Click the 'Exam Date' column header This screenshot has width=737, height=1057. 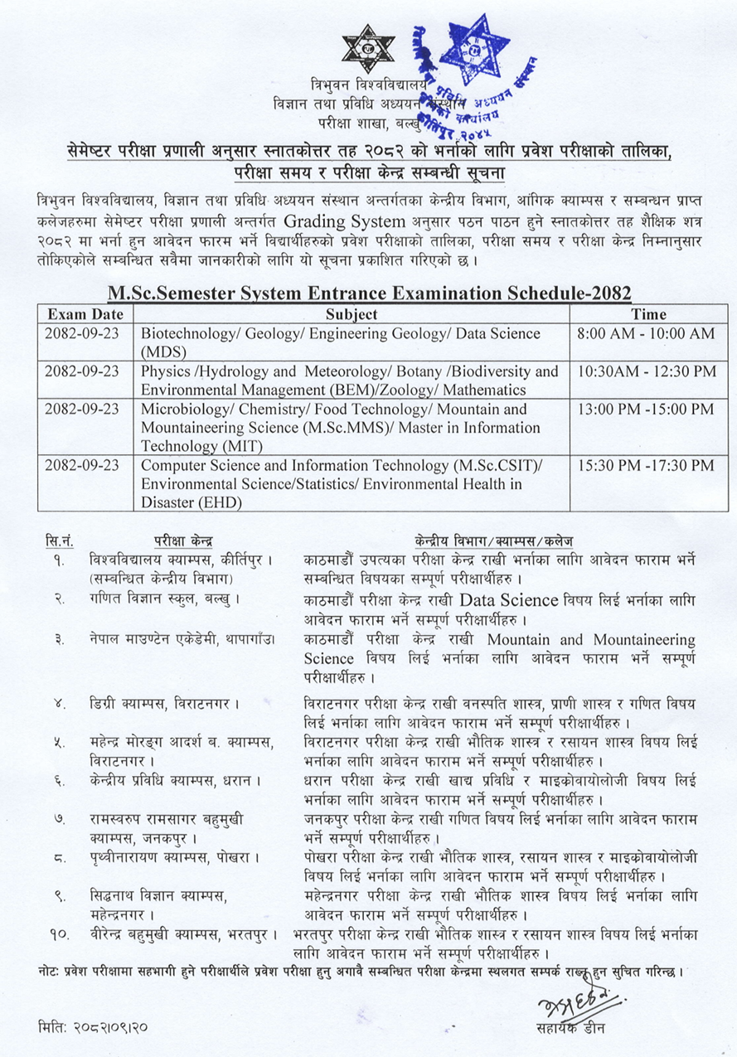(x=85, y=314)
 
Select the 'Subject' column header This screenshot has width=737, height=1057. (x=352, y=314)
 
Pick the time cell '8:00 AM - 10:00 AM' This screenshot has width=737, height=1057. (x=645, y=333)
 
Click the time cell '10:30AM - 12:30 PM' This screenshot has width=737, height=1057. (x=645, y=371)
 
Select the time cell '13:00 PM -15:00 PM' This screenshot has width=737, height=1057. (x=645, y=410)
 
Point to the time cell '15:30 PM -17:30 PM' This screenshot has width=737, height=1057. (x=645, y=466)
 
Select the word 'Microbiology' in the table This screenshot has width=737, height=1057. (x=181, y=410)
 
